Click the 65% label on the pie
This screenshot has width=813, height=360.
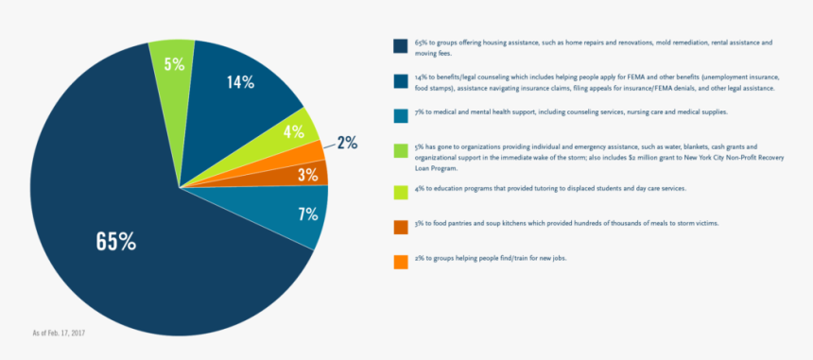(x=115, y=241)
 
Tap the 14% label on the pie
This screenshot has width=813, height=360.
(x=240, y=82)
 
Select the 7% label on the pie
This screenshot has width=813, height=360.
(x=307, y=214)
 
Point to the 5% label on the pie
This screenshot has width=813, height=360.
(x=174, y=64)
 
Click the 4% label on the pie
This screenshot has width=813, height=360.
(x=293, y=132)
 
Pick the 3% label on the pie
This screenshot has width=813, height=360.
(x=307, y=175)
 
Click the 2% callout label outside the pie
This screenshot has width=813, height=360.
(x=347, y=143)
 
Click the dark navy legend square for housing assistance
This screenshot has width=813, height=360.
(x=400, y=45)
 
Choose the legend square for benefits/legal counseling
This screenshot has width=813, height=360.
(x=400, y=81)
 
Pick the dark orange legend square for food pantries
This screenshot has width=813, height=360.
(x=400, y=227)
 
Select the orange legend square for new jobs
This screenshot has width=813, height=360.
(x=400, y=262)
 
